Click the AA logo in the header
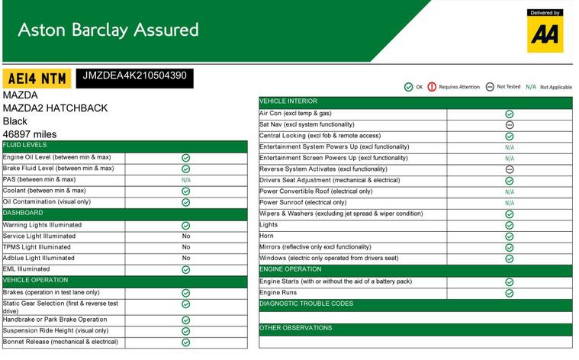(545, 33)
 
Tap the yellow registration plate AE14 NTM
(37, 78)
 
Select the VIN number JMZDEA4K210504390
(134, 76)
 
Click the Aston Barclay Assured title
(108, 30)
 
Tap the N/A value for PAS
(186, 180)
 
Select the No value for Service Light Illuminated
(186, 236)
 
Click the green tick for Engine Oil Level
(186, 158)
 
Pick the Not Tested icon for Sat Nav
(510, 124)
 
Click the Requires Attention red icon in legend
(432, 87)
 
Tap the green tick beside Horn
(510, 236)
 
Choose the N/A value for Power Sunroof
(510, 203)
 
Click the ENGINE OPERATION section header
(291, 269)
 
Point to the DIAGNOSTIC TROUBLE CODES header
(306, 304)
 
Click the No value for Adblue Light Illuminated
(186, 259)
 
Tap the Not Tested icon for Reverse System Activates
(510, 169)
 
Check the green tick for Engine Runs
(510, 293)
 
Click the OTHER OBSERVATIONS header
(296, 328)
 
